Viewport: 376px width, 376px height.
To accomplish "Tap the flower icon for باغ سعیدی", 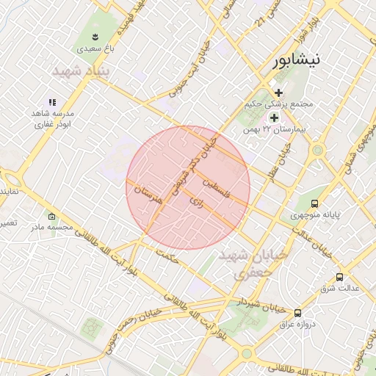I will point(95,35).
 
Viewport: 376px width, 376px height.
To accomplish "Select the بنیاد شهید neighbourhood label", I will point(82,71).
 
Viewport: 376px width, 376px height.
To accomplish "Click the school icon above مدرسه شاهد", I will point(51,102).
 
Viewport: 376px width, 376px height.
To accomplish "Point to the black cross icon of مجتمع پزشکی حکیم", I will point(278,93).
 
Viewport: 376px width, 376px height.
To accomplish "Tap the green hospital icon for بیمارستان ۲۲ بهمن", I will point(274,117).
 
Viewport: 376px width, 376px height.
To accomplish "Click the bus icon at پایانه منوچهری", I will point(314,203).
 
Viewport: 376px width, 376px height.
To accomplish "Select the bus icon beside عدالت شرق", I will point(339,277).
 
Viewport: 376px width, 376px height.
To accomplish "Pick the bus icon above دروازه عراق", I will point(297,312).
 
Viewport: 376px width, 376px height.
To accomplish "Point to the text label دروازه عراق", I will point(300,324).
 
